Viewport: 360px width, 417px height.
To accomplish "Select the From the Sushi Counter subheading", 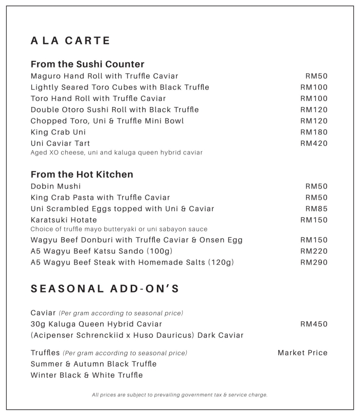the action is [87, 64].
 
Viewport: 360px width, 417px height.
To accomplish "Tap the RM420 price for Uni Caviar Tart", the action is [314, 144].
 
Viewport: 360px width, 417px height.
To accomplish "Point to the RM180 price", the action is [314, 132].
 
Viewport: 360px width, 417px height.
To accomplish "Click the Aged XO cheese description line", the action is [116, 152].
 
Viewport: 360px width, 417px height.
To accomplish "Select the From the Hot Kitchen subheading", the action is [82, 175].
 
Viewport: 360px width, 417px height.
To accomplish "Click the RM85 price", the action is [316, 209].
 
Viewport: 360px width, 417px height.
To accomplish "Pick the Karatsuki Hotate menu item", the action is [64, 220].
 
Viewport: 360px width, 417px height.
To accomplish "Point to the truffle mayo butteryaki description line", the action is [119, 229].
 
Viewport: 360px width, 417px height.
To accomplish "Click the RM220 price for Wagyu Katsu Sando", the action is [314, 251].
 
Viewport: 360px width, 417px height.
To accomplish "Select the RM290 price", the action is [314, 263].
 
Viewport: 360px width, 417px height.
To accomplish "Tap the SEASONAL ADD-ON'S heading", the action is [105, 289].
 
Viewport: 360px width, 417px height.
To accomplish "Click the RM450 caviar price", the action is [314, 324].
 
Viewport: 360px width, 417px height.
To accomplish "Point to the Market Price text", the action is [302, 353].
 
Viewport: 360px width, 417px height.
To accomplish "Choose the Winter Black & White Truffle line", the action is [86, 375].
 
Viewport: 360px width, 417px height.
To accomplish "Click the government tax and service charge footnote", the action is [179, 395].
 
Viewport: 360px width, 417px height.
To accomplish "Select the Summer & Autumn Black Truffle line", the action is [94, 364].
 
